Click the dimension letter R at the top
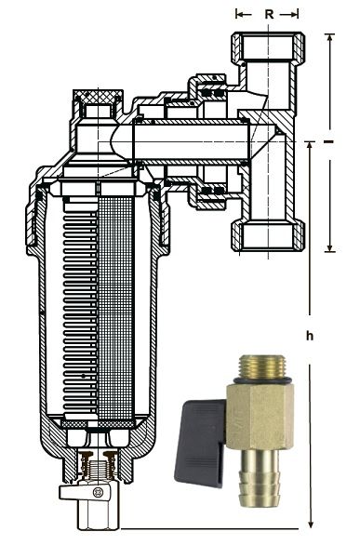[270, 14]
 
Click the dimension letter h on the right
[310, 336]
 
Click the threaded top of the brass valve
[260, 366]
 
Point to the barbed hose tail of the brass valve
[260, 476]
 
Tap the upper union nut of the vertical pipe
[268, 47]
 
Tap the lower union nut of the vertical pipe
[268, 235]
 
